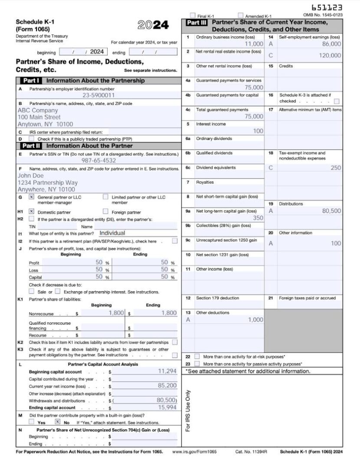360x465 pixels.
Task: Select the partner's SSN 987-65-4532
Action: coord(99,160)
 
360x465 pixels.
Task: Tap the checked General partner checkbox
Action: coord(31,197)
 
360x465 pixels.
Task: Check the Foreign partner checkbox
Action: coord(105,211)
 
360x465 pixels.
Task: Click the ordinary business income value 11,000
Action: coord(254,44)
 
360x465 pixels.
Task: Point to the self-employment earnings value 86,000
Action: coord(331,44)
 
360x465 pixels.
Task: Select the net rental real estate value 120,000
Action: coord(330,55)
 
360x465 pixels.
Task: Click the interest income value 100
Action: coord(258,131)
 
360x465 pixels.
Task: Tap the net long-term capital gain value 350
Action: coord(258,218)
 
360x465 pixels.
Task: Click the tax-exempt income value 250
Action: coord(335,168)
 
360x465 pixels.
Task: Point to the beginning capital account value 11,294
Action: coord(167,371)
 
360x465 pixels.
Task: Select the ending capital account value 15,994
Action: coord(167,407)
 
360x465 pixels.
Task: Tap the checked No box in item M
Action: coord(57,422)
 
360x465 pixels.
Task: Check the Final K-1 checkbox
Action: coord(193,16)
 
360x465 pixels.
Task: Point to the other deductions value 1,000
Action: coord(255,320)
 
